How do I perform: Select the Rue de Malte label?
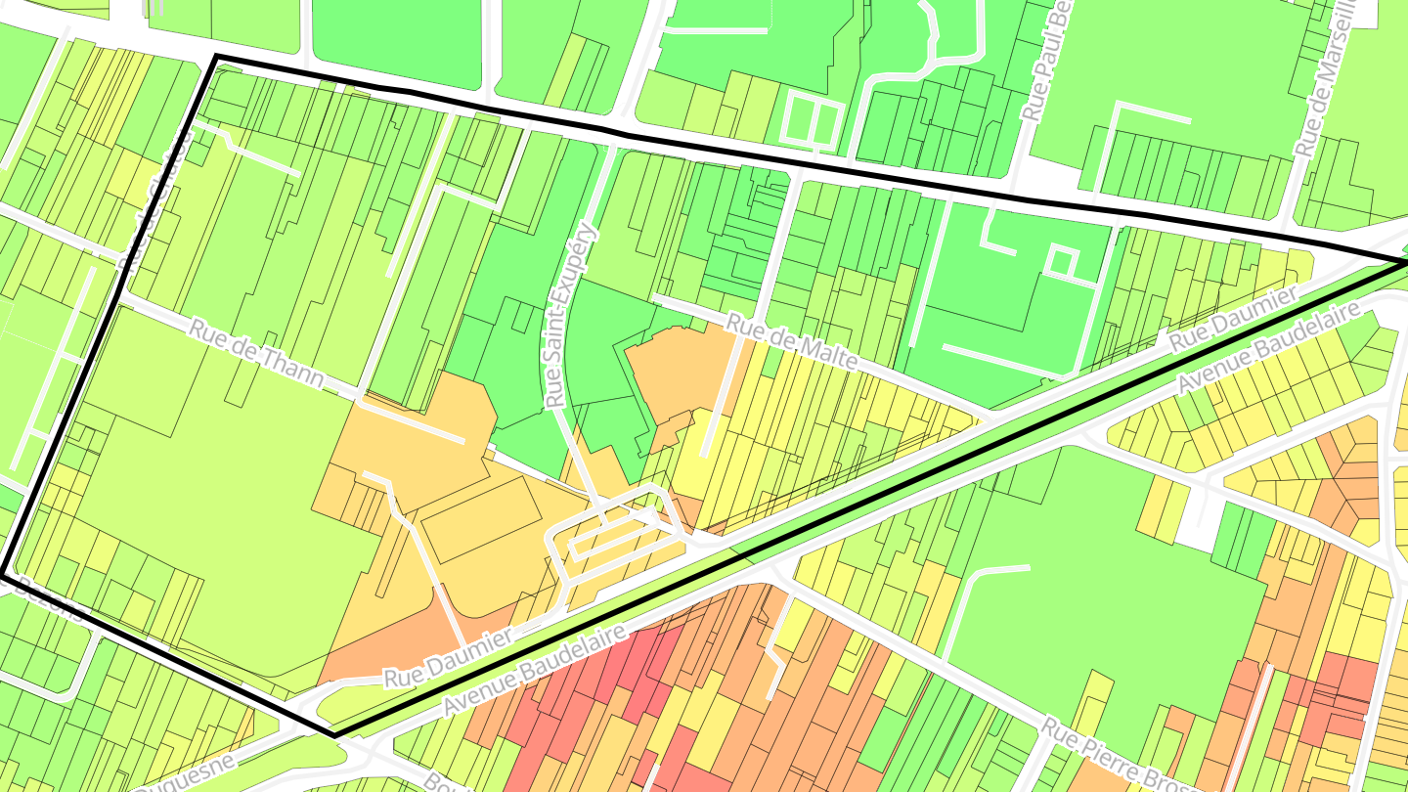pyautogui.click(x=792, y=341)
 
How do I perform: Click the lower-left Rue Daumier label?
pyautogui.click(x=448, y=658)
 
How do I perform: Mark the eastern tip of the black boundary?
pyautogui.click(x=1405, y=261)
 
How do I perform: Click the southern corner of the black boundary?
pyautogui.click(x=333, y=734)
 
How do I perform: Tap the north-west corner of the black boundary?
pyautogui.click(x=215, y=57)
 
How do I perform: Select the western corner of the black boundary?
pyautogui.click(x=4, y=574)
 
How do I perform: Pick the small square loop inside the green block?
pyautogui.click(x=1059, y=261)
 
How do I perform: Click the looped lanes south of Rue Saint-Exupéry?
pyautogui.click(x=611, y=533)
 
